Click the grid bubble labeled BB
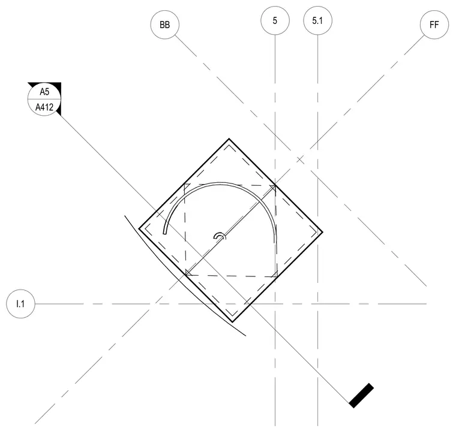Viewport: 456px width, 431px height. tap(165, 25)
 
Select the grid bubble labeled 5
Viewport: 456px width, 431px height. tap(275, 20)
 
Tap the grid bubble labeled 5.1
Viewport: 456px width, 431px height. tap(317, 20)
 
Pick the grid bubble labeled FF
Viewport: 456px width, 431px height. tap(434, 25)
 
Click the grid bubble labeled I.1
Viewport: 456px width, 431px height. tap(20, 304)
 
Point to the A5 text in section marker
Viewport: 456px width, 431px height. tap(44, 92)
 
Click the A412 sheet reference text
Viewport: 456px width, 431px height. tap(44, 107)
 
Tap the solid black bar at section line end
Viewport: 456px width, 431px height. tap(361, 396)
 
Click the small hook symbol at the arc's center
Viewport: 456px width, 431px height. tap(220, 236)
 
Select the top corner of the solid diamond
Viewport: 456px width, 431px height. tap(229, 138)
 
